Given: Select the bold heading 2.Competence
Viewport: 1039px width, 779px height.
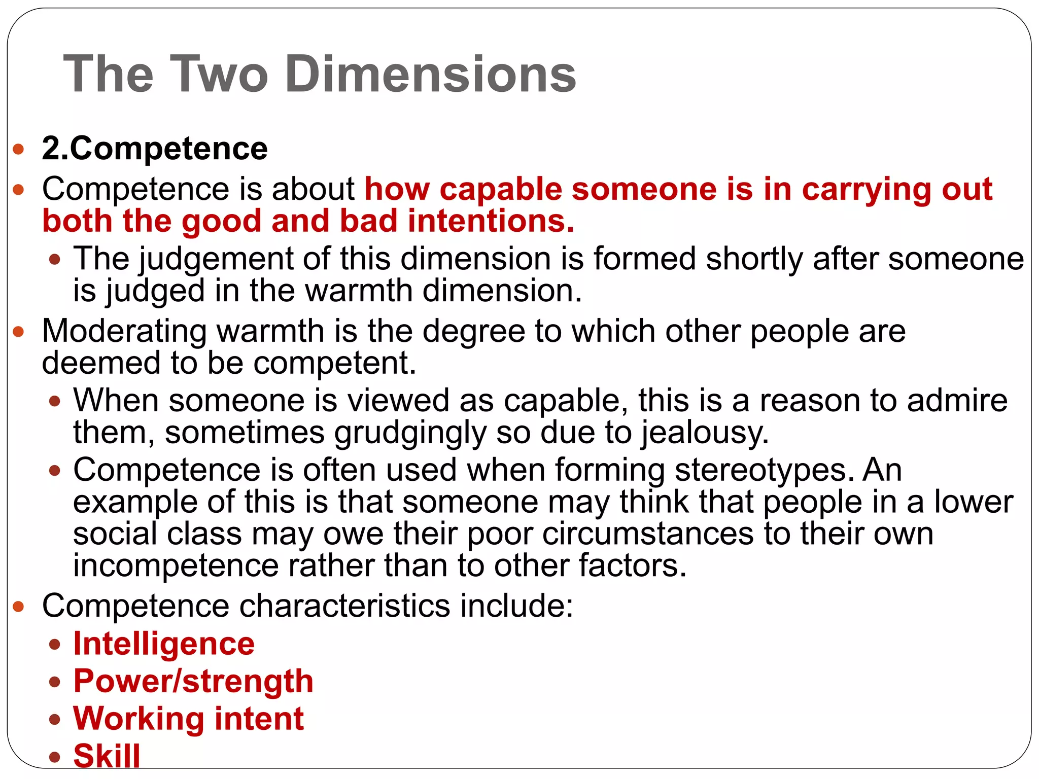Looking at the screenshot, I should point(155,149).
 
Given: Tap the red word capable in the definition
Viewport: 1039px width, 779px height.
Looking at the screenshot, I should point(500,189).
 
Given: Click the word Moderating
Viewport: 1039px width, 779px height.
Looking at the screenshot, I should point(124,331).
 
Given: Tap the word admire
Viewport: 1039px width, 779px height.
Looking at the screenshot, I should point(957,401).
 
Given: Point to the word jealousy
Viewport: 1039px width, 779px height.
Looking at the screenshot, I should point(705,433).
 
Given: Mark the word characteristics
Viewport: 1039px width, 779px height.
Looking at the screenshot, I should point(344,606).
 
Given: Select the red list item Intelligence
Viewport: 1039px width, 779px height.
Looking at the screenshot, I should point(164,644).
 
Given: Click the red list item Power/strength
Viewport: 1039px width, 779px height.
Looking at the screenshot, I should point(193,681).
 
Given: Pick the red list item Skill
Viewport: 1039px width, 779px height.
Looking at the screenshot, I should point(107,755).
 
